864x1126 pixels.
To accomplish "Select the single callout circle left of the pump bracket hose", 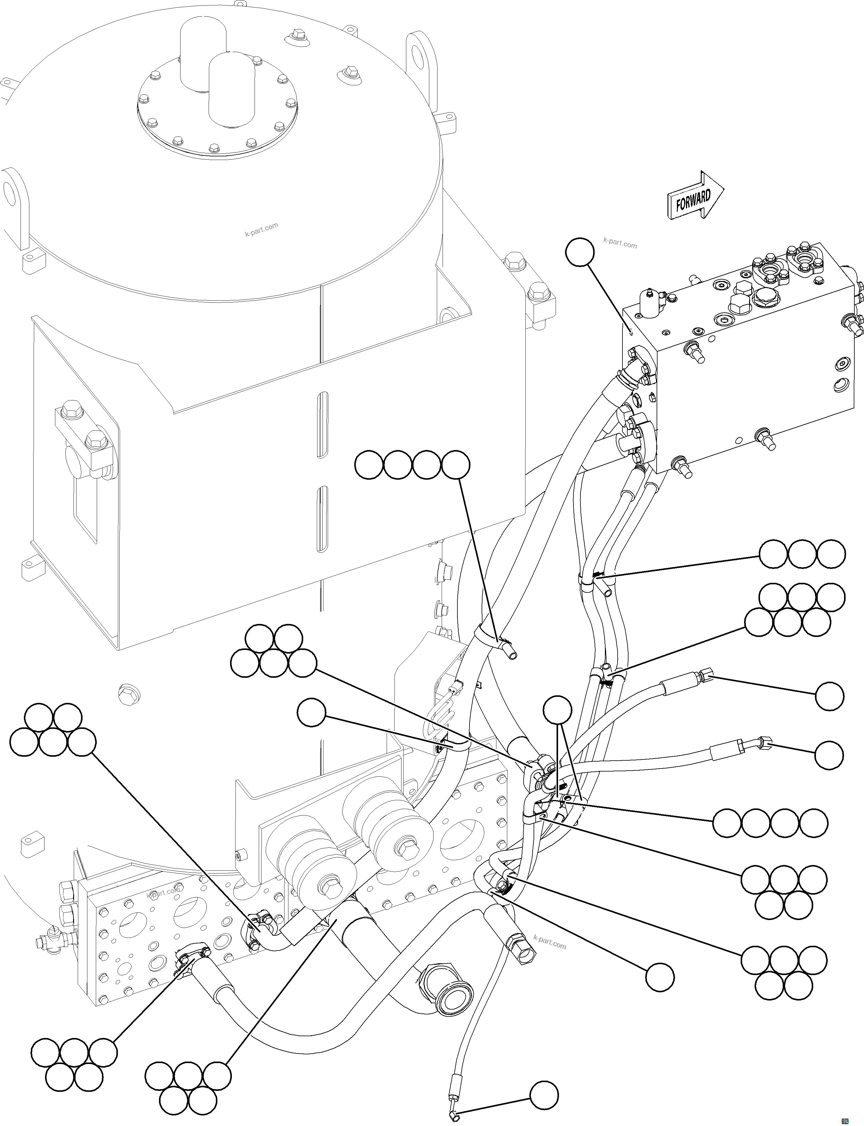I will [x=312, y=713].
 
